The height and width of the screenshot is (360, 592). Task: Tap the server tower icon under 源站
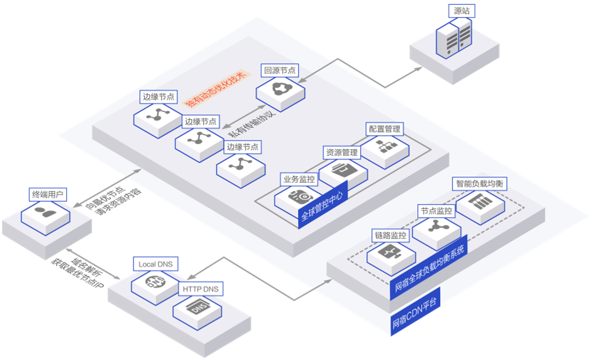point(454,39)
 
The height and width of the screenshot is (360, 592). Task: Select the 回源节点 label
point(280,69)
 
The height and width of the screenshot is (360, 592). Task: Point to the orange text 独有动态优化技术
point(215,84)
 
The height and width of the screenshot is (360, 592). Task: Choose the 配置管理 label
point(384,129)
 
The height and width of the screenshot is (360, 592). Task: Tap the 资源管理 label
point(342,153)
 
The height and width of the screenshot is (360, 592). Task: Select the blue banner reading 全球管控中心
point(322,206)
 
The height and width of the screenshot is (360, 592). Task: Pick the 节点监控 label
point(436,211)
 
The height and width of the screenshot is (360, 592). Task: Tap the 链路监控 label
point(390,235)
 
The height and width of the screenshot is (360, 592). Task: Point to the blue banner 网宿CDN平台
point(415,312)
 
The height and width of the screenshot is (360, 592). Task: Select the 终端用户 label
point(48,194)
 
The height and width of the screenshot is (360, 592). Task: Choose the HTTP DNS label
point(200,289)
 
